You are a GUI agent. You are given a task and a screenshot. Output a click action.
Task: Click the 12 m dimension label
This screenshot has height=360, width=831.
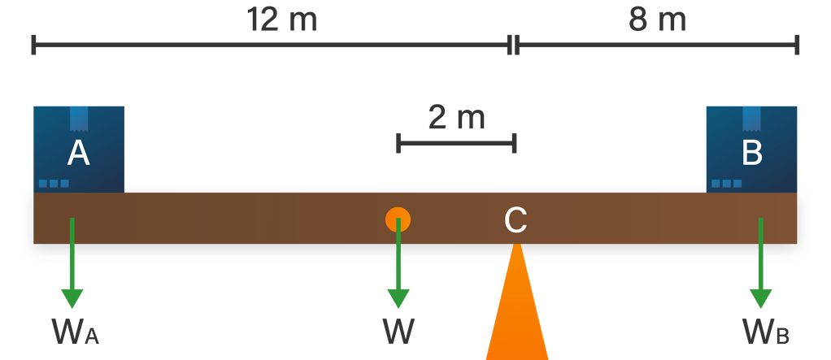(x=282, y=20)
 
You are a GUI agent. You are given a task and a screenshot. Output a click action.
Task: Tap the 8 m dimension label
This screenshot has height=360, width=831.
(x=657, y=20)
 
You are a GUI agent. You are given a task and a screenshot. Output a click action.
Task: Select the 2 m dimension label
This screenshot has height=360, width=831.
(x=455, y=118)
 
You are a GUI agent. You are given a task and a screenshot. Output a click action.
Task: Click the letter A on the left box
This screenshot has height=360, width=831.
(x=78, y=153)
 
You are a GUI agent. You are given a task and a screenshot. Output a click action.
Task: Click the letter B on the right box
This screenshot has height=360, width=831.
(x=751, y=153)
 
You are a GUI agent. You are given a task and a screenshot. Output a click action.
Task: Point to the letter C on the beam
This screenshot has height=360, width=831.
(x=516, y=219)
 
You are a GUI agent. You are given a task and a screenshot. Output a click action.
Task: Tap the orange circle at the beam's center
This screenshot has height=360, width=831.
(x=398, y=219)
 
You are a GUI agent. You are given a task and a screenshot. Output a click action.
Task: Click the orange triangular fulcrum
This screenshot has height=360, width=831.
(x=516, y=309)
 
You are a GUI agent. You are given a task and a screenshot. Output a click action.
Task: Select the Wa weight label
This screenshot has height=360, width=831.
(x=75, y=332)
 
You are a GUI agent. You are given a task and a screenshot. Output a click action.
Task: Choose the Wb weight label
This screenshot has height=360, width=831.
(x=764, y=332)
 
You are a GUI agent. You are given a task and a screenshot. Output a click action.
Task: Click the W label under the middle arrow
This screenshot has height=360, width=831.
(x=398, y=332)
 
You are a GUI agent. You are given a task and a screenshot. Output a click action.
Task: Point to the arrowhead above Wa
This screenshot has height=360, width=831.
(x=72, y=294)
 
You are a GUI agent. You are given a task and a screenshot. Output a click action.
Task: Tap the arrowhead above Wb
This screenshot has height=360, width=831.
(x=761, y=294)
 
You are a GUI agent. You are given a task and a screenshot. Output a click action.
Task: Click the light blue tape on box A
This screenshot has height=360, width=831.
(x=79, y=118)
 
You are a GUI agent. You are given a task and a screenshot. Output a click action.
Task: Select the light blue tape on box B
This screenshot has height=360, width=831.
(x=752, y=118)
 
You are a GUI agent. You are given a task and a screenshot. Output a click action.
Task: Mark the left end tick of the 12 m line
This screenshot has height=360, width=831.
(x=33, y=45)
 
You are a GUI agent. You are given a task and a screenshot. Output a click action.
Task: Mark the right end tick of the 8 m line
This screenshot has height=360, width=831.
(x=797, y=45)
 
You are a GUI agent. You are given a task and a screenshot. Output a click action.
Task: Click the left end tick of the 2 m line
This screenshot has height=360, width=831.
(x=397, y=144)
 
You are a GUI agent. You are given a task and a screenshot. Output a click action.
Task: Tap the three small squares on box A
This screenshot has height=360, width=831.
(x=54, y=184)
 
